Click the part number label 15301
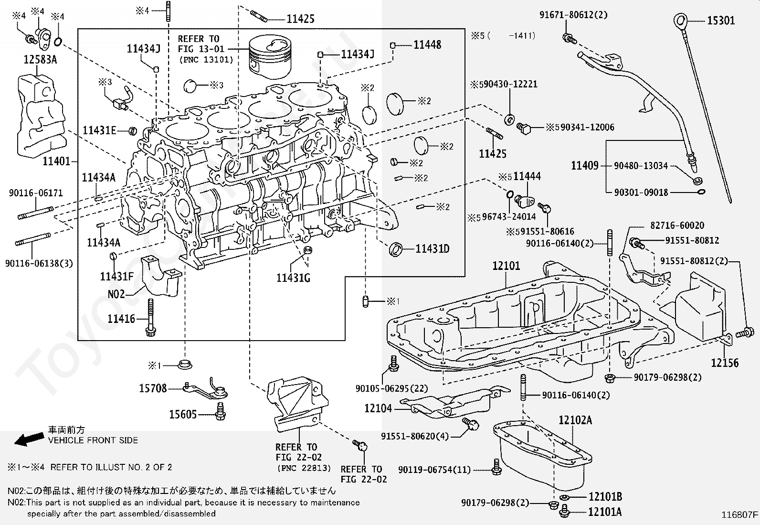point(720,21)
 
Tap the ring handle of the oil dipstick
point(680,21)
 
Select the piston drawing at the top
point(270,57)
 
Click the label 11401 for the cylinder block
point(56,161)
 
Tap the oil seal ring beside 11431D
point(396,249)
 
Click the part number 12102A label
point(575,420)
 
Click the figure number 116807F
point(739,515)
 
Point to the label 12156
point(724,363)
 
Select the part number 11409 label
point(585,166)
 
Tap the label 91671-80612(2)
point(573,15)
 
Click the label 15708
point(153,388)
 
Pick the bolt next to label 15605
point(220,412)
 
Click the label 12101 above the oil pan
point(506,266)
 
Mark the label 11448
point(427,45)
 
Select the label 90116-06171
point(36,193)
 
